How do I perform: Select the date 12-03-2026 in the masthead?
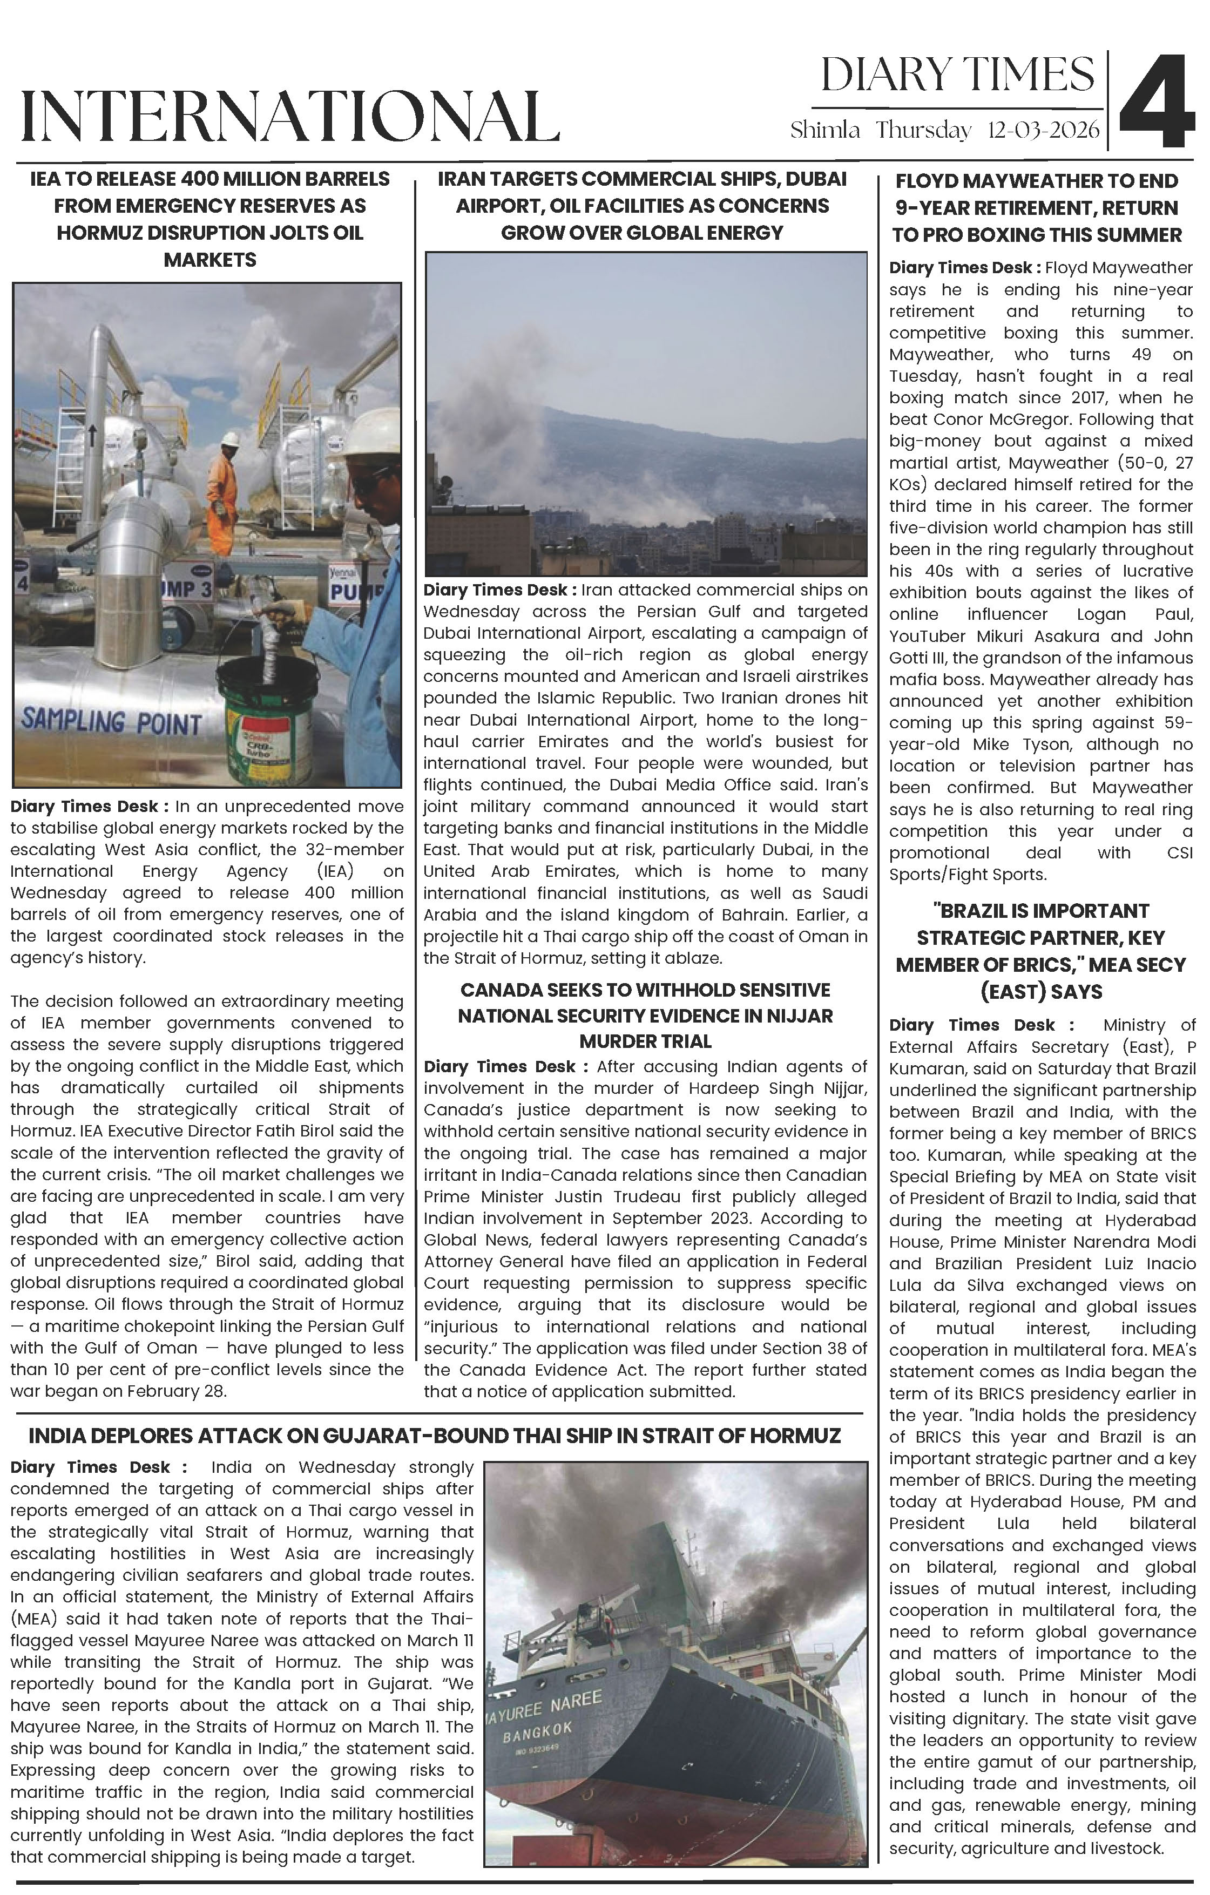(x=1043, y=130)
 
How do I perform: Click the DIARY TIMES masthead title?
(x=957, y=76)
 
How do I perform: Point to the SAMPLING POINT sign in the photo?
(x=111, y=722)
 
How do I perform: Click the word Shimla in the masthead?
(x=824, y=130)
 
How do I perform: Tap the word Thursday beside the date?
(x=923, y=130)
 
